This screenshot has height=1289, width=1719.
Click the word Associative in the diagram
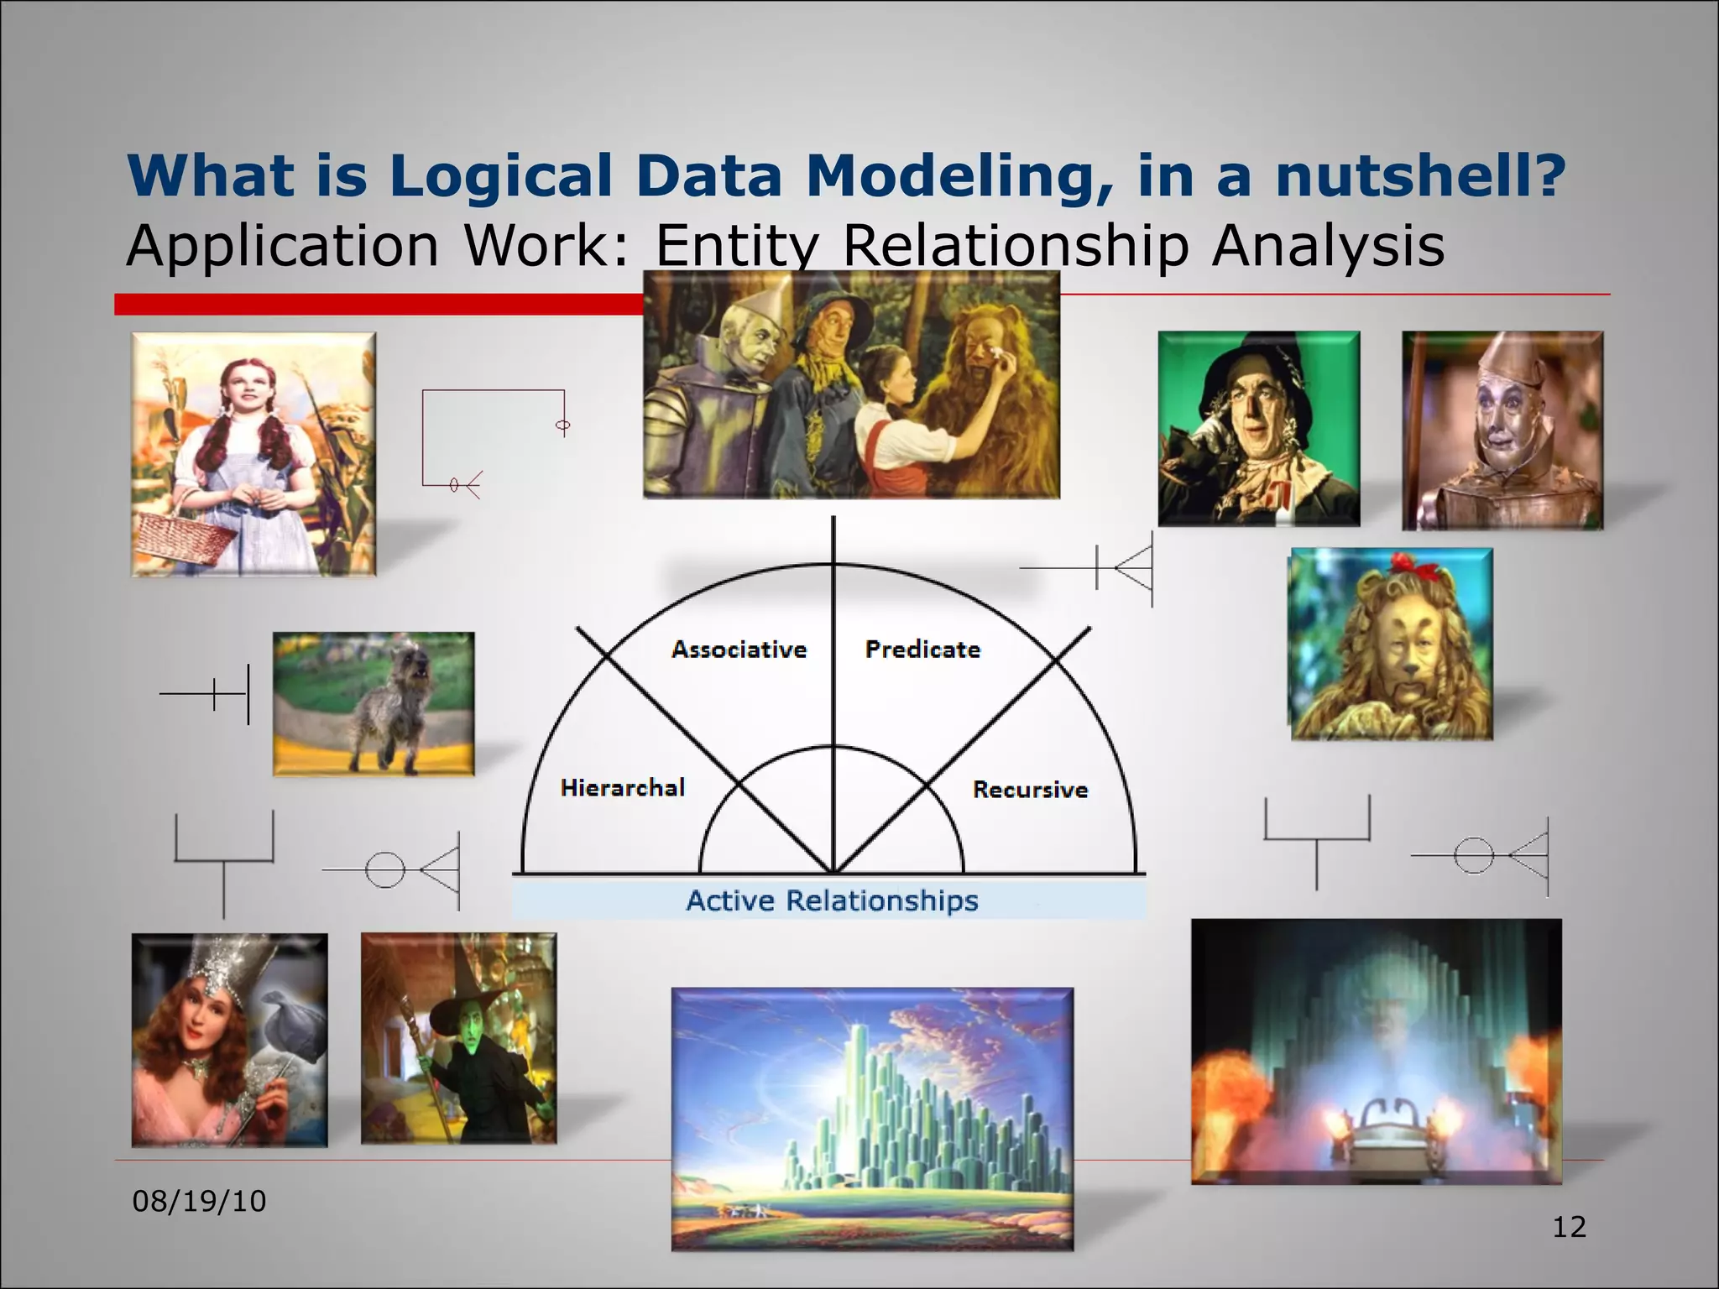pos(739,650)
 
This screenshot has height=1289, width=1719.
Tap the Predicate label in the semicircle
pos(922,650)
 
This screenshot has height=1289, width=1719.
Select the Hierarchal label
pos(622,788)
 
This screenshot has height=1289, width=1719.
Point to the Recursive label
pos(1030,790)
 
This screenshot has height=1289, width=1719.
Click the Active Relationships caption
pos(832,900)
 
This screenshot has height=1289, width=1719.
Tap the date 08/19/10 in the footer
pos(199,1201)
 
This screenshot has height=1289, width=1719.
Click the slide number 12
pos(1569,1227)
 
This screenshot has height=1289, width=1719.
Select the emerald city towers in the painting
pos(873,1099)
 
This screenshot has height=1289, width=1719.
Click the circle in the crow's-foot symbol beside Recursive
pos(1473,856)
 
